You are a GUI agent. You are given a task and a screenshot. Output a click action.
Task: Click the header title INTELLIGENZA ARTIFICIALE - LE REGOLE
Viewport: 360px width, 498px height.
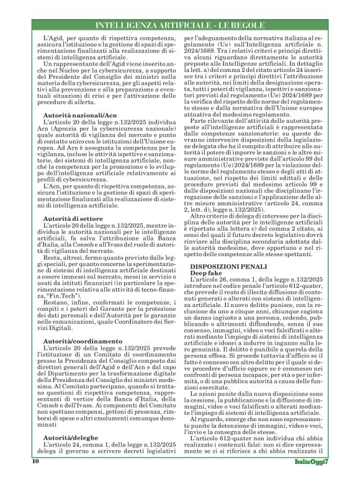[x=180, y=24]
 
